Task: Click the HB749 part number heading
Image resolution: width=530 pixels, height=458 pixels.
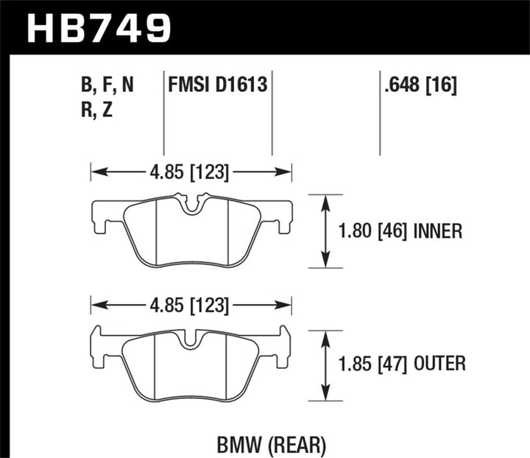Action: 99,29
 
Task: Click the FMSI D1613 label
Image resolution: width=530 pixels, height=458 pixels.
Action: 217,87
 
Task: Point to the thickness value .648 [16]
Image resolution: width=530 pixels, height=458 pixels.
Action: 420,87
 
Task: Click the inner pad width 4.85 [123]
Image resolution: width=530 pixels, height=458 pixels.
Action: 191,173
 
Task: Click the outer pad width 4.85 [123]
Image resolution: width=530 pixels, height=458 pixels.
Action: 191,304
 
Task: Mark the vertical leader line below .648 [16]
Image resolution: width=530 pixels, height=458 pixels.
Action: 380,125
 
